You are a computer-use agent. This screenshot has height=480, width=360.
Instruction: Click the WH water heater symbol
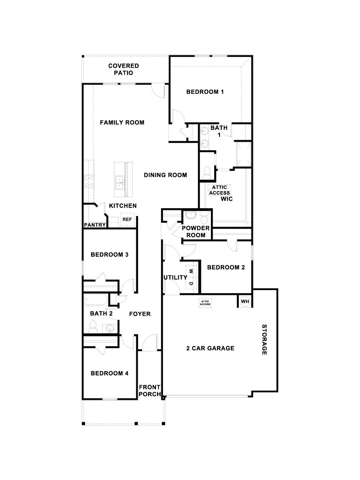point(245,301)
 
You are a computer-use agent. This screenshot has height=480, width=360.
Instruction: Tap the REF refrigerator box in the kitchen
point(127,219)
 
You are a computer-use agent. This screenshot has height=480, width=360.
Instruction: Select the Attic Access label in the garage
point(205,303)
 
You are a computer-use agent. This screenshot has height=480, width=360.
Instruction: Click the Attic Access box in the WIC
point(220,190)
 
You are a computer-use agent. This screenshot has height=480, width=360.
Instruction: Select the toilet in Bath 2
point(93,327)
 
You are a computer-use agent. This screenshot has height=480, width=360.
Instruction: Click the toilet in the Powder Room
point(205,218)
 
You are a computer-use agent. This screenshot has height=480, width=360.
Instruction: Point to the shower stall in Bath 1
point(244,154)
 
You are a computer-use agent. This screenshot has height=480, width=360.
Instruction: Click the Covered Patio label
point(124,69)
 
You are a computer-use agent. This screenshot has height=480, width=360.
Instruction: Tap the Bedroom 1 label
point(205,92)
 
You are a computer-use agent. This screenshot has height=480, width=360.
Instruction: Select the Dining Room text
point(165,175)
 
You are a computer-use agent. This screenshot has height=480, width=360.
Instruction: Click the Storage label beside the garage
point(264,340)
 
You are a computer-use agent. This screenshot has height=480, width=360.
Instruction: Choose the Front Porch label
point(149,391)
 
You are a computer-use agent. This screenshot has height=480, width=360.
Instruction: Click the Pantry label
point(94,225)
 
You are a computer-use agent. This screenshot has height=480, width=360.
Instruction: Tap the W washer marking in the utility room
point(191,271)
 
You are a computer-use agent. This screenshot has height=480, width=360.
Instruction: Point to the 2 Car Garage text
point(210,348)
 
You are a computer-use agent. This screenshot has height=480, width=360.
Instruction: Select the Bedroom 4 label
point(109,373)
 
